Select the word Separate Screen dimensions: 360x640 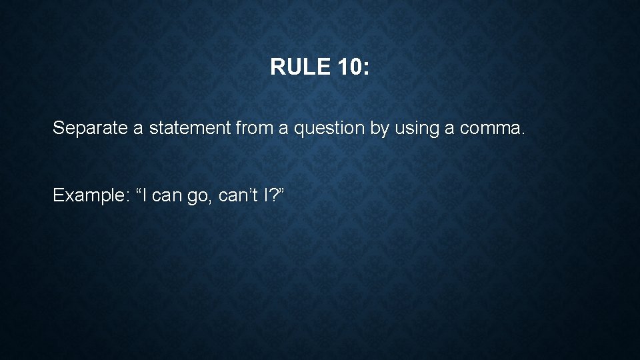[x=91, y=127]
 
